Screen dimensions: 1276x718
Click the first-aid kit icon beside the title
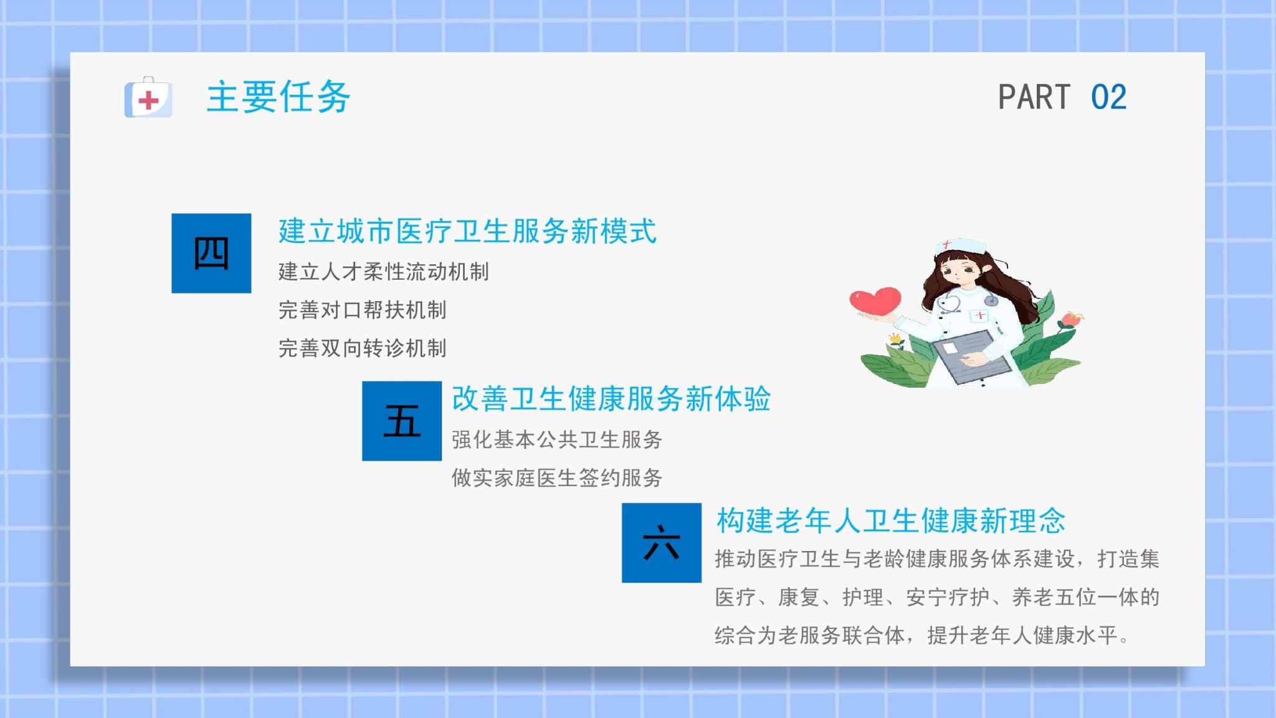point(148,97)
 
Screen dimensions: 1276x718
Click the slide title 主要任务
point(279,97)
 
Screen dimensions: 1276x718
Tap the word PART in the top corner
point(1034,97)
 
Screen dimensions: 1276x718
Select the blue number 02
point(1108,97)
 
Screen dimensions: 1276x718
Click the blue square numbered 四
point(211,253)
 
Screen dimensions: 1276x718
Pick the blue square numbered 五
point(402,421)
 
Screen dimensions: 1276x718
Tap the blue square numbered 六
point(662,543)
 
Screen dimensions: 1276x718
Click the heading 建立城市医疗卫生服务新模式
point(467,231)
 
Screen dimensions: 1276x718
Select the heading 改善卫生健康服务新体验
point(611,399)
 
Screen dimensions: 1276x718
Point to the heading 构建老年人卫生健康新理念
point(891,520)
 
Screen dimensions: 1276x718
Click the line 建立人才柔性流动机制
point(383,272)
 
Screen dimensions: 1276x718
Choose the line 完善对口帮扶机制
point(362,310)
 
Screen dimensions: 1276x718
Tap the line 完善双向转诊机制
point(362,348)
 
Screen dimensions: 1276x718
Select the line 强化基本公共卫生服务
point(557,439)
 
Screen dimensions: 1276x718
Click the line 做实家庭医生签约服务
point(557,477)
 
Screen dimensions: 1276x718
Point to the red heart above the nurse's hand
point(875,300)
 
